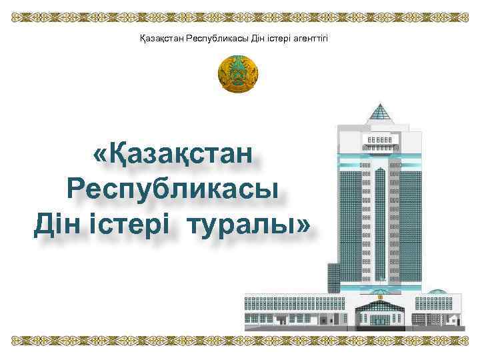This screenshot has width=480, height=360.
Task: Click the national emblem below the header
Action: [238, 74]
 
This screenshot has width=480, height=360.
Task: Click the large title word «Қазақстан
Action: [174, 155]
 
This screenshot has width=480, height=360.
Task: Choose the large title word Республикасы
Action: [173, 190]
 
